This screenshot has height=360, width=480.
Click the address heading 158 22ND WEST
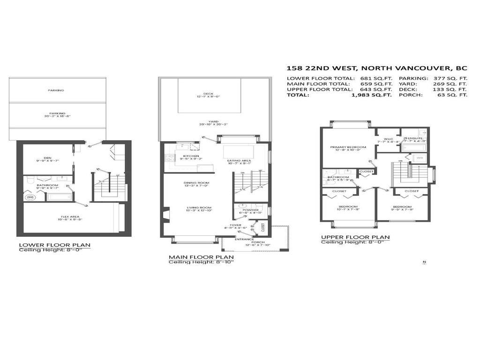(x=377, y=67)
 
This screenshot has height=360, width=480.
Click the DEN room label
(x=48, y=157)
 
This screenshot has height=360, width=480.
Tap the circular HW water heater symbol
(x=30, y=197)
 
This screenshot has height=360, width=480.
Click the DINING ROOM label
(x=196, y=182)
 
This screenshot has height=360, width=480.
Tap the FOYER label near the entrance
(x=236, y=225)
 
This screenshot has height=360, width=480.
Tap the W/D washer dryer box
(x=420, y=157)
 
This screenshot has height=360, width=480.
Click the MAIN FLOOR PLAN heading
(x=201, y=257)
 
